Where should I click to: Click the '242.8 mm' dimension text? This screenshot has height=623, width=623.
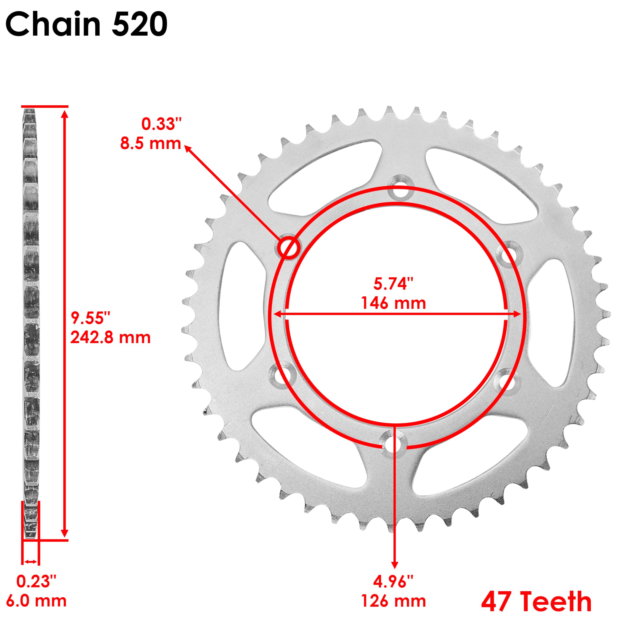pos(110,338)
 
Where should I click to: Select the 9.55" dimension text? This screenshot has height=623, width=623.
pos(91,318)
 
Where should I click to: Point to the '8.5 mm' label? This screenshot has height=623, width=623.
pos(151,143)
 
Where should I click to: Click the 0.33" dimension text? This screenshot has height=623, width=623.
pos(162,124)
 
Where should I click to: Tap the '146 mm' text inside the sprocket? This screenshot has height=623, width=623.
pos(394,303)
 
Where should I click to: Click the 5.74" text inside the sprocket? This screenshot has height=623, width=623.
pos(394,284)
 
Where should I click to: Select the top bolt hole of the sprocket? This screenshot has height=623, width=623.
pos(400,191)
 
